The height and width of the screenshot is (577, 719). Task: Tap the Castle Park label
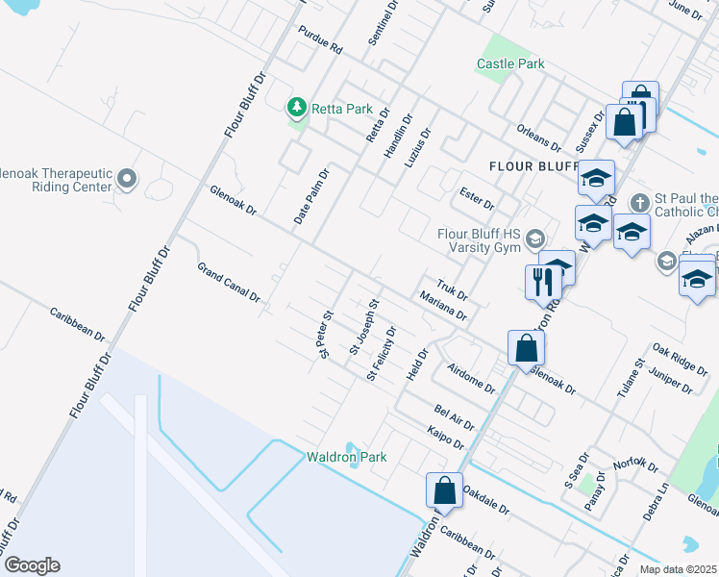(x=510, y=64)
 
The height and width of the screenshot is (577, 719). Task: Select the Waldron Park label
(x=346, y=457)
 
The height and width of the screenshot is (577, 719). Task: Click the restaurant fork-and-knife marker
(x=540, y=281)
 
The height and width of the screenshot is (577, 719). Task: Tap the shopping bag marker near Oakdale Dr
(x=445, y=489)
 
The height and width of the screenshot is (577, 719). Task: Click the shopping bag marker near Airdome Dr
(x=526, y=348)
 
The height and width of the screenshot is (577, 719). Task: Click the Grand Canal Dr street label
(x=229, y=283)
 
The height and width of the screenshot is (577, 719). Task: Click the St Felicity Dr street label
(x=382, y=353)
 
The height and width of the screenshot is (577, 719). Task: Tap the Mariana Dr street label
(x=442, y=308)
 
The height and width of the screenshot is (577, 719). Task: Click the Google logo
(x=32, y=565)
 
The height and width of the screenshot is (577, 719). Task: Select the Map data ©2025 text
(x=679, y=569)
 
